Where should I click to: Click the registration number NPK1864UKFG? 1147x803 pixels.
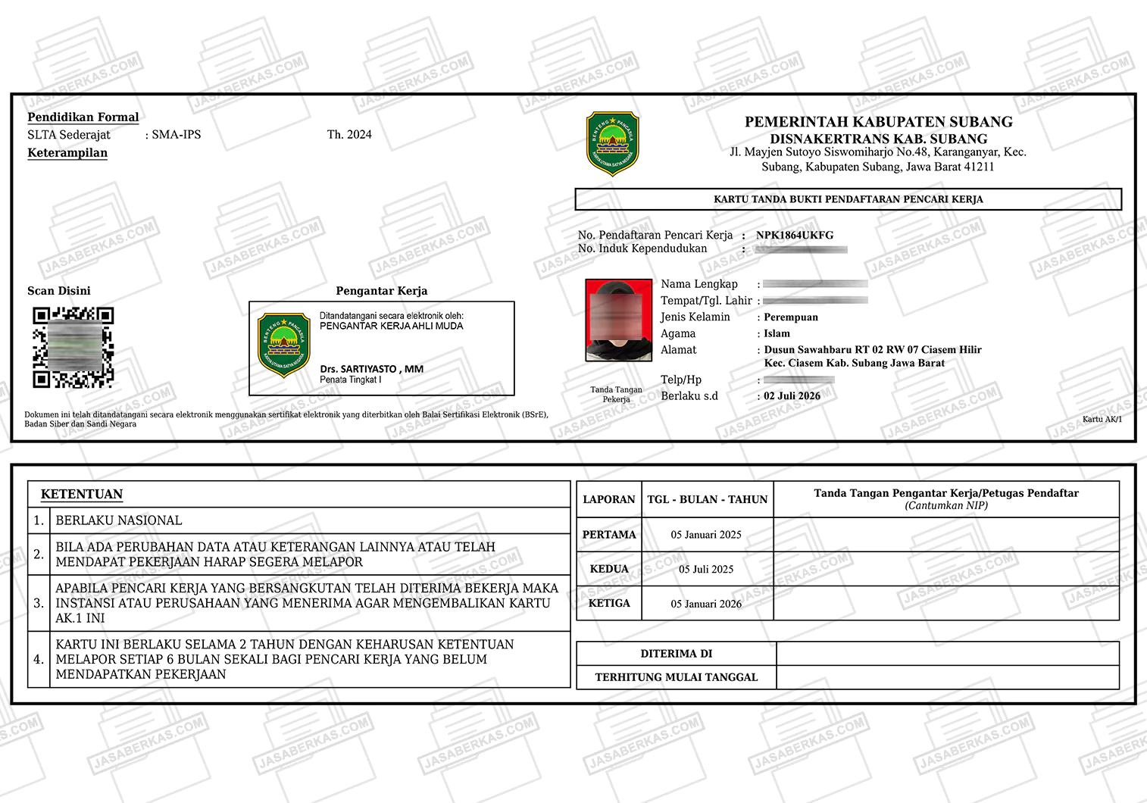tap(794, 235)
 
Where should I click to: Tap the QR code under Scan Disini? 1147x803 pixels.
tap(73, 347)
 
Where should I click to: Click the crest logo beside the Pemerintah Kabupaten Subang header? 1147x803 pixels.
tap(612, 143)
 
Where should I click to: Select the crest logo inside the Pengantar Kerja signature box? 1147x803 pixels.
tap(284, 345)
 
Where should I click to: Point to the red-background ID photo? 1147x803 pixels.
tap(618, 320)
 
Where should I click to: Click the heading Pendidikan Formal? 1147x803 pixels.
tap(83, 117)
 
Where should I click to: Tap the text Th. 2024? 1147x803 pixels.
tap(349, 134)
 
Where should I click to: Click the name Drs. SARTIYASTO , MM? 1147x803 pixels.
tap(371, 369)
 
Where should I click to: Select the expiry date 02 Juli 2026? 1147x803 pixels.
tap(792, 395)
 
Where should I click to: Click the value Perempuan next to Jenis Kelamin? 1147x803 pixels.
tap(790, 317)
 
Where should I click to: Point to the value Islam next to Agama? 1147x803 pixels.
tap(777, 333)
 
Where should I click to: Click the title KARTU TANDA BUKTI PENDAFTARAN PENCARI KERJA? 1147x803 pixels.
tap(848, 199)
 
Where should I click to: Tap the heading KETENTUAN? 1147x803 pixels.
tap(82, 494)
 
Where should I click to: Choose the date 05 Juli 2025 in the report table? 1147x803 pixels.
tap(706, 569)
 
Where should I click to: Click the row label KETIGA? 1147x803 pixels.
tap(609, 603)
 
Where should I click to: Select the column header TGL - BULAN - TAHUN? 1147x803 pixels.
tap(707, 499)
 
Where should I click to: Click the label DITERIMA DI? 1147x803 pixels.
tap(676, 653)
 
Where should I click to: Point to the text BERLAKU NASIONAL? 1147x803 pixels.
tap(119, 520)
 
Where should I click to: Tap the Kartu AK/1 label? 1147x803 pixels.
tap(1102, 419)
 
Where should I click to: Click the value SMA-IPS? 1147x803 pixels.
tap(176, 134)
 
